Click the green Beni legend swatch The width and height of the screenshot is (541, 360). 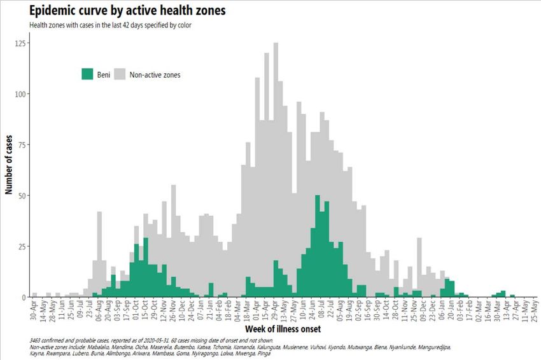click(x=87, y=74)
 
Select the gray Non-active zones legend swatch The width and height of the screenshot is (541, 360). click(x=119, y=74)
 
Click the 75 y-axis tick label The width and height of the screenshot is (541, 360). click(x=22, y=145)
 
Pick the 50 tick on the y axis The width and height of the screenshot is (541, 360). click(x=22, y=196)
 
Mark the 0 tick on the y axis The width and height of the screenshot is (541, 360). click(x=24, y=297)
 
